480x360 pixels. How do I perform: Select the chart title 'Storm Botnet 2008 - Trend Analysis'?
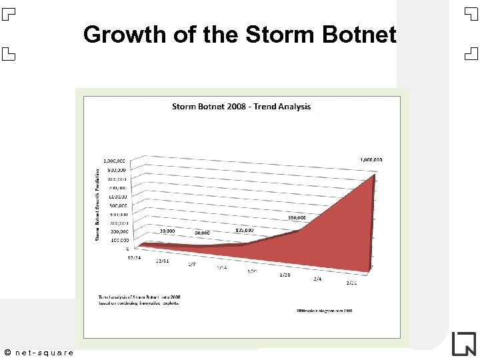[x=241, y=107]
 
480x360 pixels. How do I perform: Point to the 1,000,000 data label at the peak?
[x=371, y=160]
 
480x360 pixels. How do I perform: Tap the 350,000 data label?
[x=297, y=217]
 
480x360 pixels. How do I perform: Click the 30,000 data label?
[x=167, y=231]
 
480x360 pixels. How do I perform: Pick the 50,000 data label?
[x=203, y=233]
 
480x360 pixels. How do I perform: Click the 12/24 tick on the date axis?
[x=134, y=257]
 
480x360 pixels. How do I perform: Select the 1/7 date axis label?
[x=191, y=265]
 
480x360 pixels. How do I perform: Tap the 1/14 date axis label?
[x=222, y=268]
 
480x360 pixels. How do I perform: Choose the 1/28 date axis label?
[x=285, y=275]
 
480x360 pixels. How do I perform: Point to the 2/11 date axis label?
[x=352, y=283]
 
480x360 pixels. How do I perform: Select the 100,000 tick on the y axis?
[x=120, y=240]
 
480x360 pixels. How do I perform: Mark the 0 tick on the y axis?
[x=128, y=249]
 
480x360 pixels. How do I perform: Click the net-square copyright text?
[x=39, y=352]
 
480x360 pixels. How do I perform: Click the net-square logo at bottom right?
[x=463, y=343]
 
